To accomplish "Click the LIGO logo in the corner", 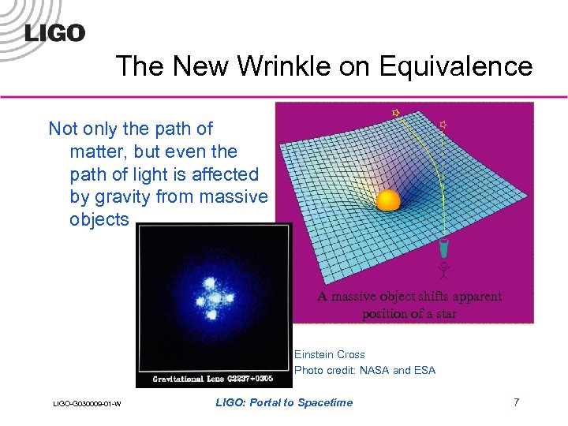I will [54, 32].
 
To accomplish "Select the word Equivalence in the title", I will [455, 66].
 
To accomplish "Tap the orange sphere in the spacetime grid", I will [388, 200].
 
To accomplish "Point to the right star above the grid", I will [443, 124].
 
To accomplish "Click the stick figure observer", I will [445, 271].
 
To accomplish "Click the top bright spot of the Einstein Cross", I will [211, 283].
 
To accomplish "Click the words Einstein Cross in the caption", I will [329, 355].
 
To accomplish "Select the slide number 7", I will [516, 402].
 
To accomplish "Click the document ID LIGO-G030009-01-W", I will [87, 405].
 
